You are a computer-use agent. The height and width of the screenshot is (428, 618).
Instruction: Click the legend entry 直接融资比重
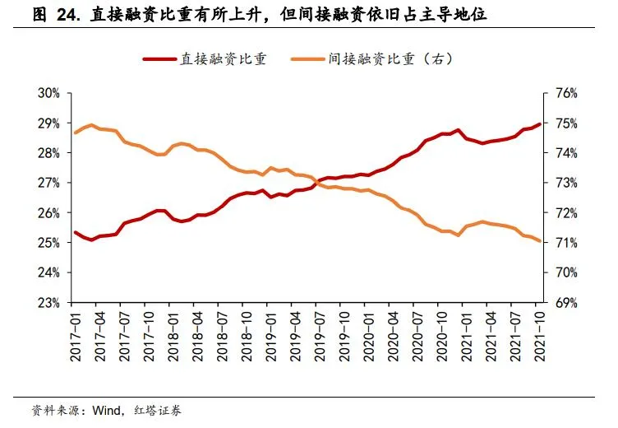tap(223, 59)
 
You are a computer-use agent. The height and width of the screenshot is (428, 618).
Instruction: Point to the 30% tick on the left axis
tap(48, 93)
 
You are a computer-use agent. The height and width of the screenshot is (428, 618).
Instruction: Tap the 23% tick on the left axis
tap(48, 302)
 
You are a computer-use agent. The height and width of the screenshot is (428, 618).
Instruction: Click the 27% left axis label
tap(48, 183)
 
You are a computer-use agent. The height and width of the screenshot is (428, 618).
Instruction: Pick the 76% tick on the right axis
tap(567, 93)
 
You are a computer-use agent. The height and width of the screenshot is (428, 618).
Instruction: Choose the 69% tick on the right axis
tap(567, 302)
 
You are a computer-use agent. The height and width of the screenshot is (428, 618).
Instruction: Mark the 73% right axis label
tap(567, 183)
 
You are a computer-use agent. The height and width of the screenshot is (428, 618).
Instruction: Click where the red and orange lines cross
tap(316, 182)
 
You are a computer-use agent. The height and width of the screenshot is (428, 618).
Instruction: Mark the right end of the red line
tap(539, 124)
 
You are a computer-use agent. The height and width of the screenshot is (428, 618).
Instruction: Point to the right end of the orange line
tap(539, 240)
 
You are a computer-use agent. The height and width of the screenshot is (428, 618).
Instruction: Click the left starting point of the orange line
tap(76, 133)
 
